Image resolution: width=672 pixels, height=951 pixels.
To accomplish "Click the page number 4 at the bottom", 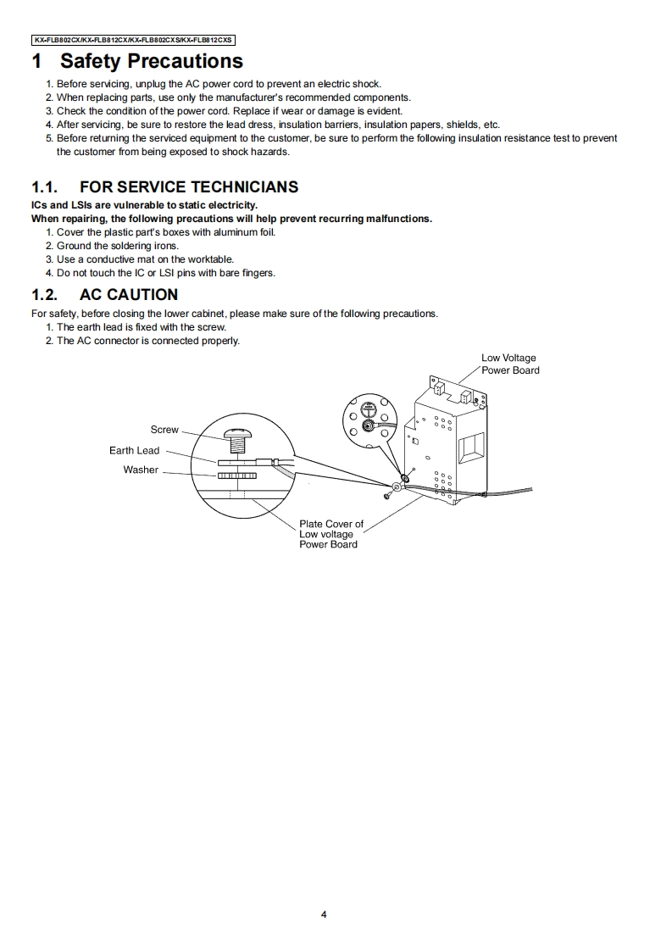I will (324, 914).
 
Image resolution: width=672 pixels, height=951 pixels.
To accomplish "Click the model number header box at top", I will (134, 40).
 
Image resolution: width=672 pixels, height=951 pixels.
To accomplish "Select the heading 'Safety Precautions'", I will (152, 61).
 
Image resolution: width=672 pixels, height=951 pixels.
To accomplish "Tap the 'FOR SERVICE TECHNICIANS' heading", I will (188, 187).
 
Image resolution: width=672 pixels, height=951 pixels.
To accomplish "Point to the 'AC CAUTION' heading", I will (128, 295).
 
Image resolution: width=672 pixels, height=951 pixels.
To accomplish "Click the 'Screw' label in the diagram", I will (164, 430).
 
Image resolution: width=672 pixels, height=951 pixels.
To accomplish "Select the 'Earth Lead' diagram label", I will (134, 450).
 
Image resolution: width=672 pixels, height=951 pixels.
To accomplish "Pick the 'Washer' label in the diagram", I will (141, 470).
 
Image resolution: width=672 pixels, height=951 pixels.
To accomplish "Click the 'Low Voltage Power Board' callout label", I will (509, 364).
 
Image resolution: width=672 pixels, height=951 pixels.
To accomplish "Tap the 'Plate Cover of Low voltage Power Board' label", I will (330, 534).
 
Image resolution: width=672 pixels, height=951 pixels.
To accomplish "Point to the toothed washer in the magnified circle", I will (236, 475).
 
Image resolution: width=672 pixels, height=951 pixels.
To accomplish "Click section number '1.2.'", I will (44, 295).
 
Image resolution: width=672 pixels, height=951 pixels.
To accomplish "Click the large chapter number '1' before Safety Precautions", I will (37, 61).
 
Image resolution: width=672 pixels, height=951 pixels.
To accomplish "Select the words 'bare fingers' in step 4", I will (247, 273).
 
